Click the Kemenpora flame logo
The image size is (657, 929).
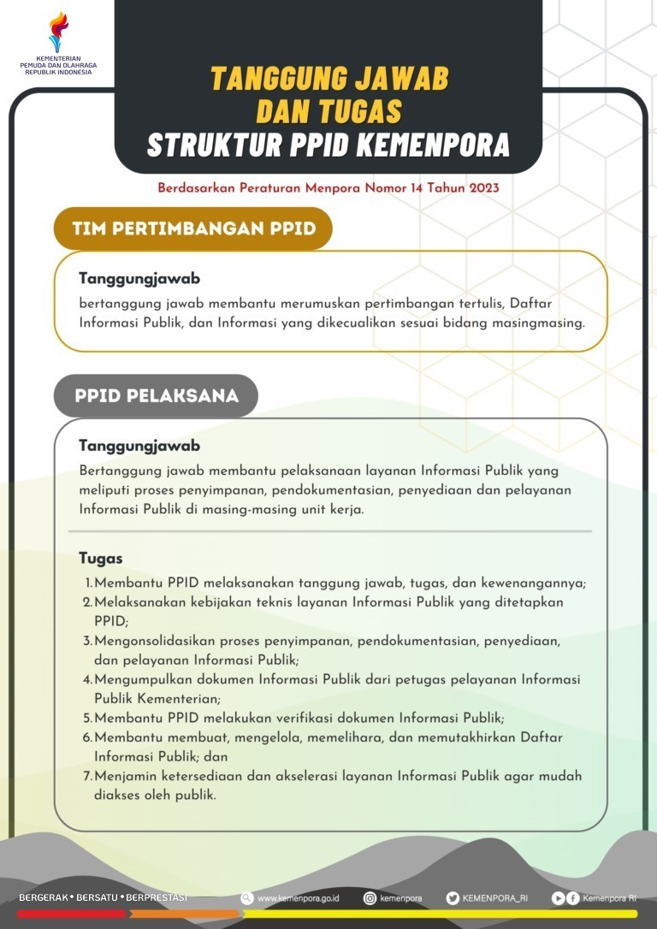tap(58, 32)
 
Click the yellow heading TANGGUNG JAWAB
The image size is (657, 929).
tap(329, 79)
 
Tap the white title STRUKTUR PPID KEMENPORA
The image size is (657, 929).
tap(328, 145)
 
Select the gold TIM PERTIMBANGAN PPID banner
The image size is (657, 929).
tap(193, 228)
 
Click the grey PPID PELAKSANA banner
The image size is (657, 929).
tap(156, 396)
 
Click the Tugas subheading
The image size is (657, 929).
tap(100, 559)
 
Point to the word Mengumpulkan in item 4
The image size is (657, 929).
tap(140, 679)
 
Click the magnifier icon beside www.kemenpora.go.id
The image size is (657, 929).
tap(247, 897)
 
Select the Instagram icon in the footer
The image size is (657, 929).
tap(370, 897)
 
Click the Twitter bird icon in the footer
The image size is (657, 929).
tap(453, 897)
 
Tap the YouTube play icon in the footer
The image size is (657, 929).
tap(558, 897)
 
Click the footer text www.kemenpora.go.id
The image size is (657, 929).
tap(299, 898)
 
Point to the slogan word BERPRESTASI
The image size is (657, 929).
tap(157, 897)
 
